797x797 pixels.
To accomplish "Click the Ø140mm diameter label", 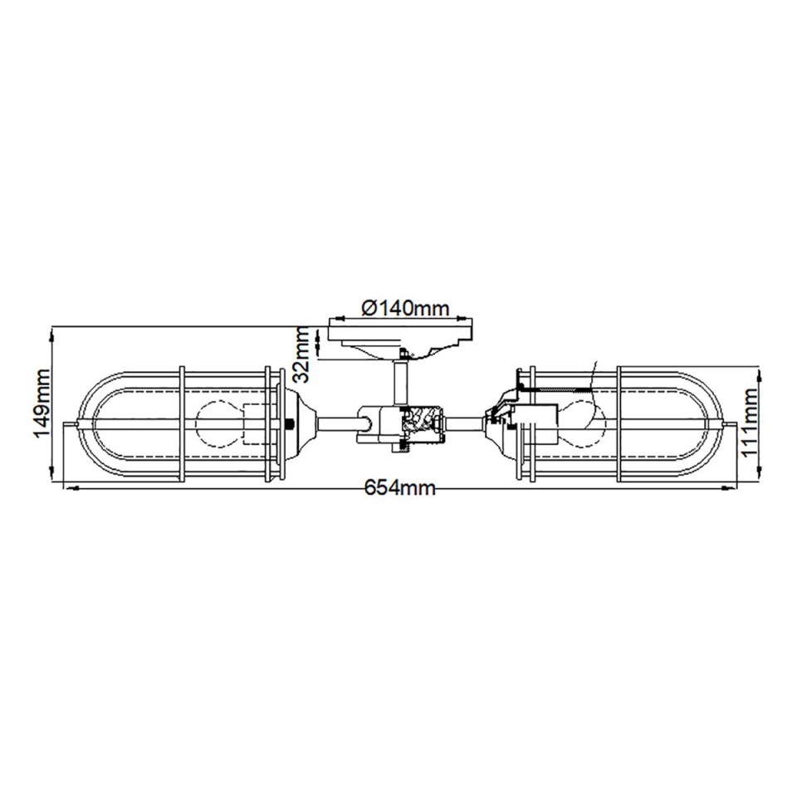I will (405, 308).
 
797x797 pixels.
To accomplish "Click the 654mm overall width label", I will (400, 489).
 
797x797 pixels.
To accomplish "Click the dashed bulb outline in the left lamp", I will (218, 424).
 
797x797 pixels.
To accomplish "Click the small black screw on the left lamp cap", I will (289, 425).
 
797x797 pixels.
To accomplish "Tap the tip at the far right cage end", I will (731, 425).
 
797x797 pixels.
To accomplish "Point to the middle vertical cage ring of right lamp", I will (619, 424).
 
